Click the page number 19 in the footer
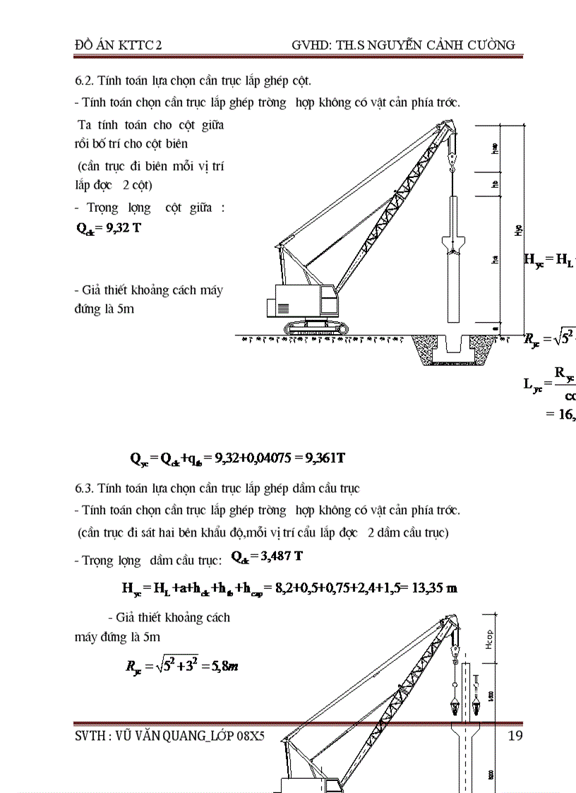tap(515, 736)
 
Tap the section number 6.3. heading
tap(85, 488)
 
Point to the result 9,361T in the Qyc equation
tap(325, 458)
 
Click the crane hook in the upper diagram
tap(453, 164)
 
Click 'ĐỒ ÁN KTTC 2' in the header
tap(119, 45)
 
